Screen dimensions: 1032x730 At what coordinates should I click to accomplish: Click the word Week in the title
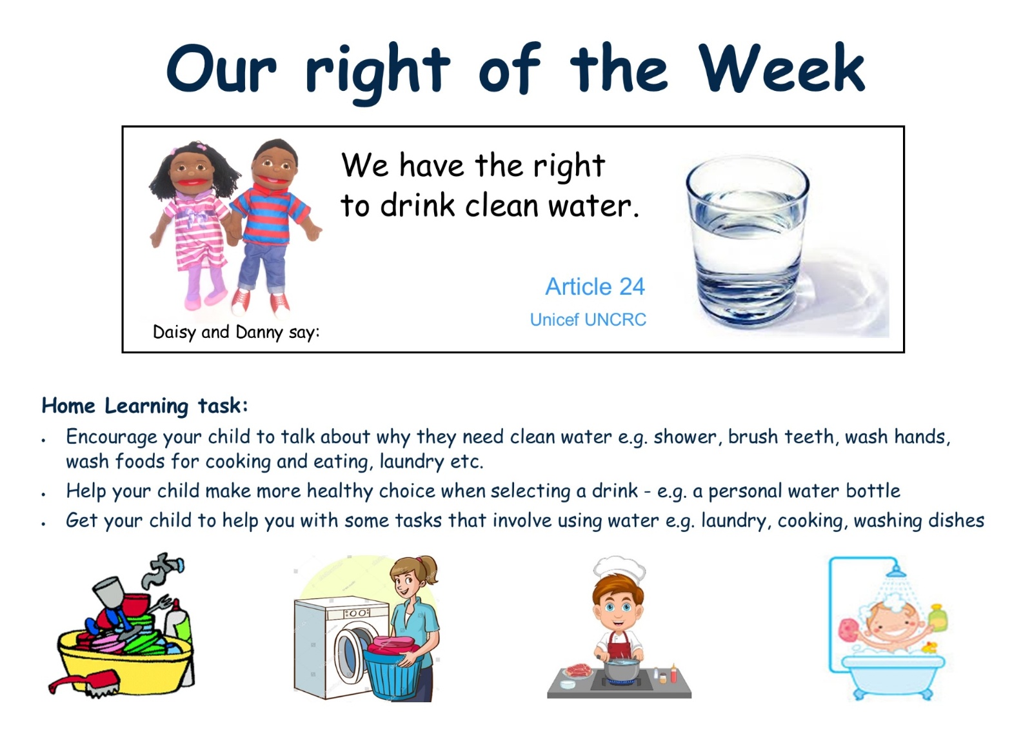click(x=782, y=68)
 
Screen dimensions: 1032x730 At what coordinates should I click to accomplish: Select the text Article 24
click(x=595, y=286)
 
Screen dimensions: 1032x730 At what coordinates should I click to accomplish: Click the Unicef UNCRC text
click(x=588, y=319)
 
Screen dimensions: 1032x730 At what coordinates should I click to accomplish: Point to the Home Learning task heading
click(x=144, y=406)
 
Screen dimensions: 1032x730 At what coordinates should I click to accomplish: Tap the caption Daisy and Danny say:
click(x=236, y=331)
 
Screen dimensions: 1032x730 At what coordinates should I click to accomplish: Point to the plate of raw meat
click(x=575, y=669)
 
